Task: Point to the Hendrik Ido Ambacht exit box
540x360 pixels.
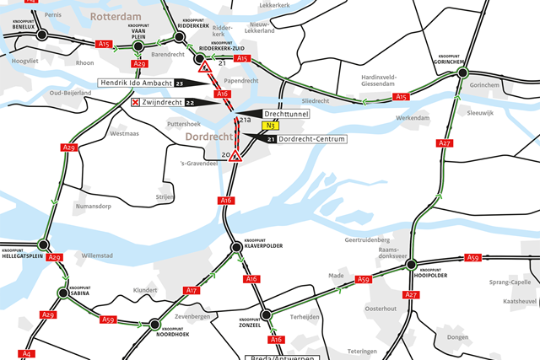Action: pos(134,83)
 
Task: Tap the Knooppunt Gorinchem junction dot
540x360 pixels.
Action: pos(462,74)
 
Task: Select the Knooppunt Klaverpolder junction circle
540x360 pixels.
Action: pos(237,247)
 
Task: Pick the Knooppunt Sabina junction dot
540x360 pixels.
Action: pos(62,293)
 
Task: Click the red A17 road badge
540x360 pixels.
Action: pos(191,290)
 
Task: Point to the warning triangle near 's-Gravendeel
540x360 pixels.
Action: pos(238,157)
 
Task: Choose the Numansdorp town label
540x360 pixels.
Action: pos(93,205)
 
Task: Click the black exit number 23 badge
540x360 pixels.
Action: pos(180,83)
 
